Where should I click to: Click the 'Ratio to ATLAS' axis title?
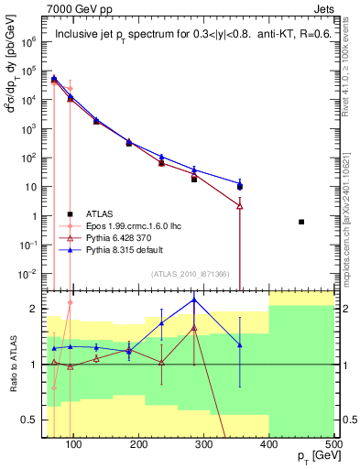(13, 364)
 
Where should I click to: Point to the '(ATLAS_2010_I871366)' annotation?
(191, 275)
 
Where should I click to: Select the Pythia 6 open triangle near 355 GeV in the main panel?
(239, 206)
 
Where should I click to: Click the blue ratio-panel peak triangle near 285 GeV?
(193, 300)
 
